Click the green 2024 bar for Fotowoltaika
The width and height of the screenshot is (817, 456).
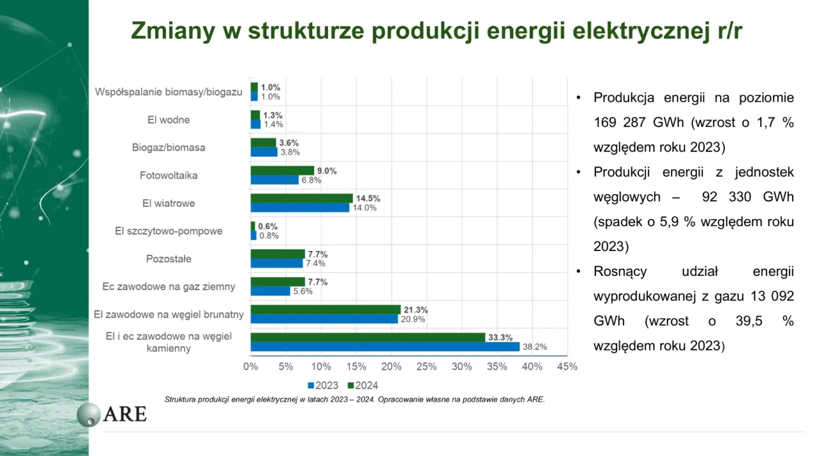click(282, 171)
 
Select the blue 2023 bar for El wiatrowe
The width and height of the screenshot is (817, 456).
click(299, 208)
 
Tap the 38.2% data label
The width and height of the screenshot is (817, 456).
click(534, 347)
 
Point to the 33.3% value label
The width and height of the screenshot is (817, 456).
click(500, 338)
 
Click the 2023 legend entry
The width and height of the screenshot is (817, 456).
click(323, 386)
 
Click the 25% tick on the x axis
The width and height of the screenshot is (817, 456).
click(426, 367)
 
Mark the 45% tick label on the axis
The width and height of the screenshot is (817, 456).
click(567, 367)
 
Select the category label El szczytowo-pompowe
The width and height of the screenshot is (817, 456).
click(169, 231)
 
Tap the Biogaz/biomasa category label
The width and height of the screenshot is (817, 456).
click(169, 148)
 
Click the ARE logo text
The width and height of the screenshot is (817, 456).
click(124, 414)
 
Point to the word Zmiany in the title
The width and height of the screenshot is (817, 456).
click(170, 31)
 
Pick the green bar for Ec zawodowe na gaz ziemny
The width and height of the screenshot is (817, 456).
click(278, 282)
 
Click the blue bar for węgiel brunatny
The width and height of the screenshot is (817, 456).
click(324, 319)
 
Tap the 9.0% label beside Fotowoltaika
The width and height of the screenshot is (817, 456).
click(327, 171)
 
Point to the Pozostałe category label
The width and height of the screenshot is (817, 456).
click(169, 259)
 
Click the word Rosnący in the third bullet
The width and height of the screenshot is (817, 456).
click(620, 271)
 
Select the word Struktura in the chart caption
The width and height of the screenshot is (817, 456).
click(180, 400)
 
